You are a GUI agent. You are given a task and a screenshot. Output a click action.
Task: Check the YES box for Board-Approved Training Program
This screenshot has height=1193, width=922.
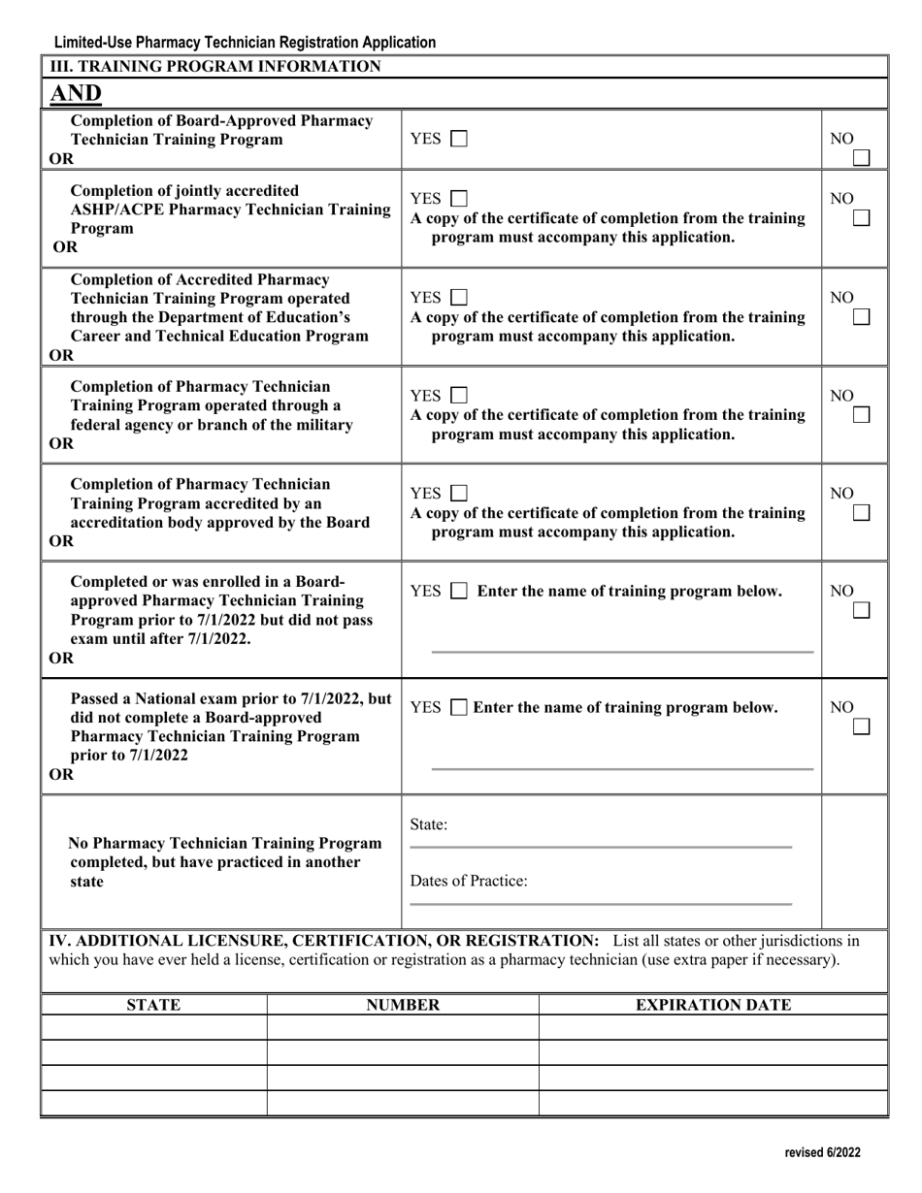(459, 140)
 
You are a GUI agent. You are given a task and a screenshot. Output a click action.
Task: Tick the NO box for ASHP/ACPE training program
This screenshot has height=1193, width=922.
(861, 219)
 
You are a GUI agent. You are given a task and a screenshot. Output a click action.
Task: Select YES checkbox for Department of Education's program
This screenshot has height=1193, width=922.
(459, 298)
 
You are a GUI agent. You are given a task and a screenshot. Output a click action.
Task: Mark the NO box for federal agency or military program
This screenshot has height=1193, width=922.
(861, 415)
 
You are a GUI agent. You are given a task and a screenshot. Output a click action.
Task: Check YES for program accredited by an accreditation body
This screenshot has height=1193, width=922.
(459, 494)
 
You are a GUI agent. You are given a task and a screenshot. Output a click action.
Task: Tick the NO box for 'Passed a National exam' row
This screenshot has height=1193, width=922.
(861, 726)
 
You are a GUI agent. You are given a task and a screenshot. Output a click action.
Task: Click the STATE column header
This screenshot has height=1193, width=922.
(153, 1005)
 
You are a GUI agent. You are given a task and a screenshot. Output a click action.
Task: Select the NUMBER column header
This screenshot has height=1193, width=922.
(403, 1005)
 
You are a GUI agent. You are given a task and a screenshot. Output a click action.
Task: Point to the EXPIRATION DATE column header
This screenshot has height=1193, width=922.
(713, 1005)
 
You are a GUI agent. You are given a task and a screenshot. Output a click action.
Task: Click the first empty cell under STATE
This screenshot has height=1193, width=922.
(153, 1028)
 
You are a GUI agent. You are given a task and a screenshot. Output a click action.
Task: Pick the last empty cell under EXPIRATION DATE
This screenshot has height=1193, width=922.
(713, 1103)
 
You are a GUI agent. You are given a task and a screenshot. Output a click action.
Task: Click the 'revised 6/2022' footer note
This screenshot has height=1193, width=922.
(822, 1153)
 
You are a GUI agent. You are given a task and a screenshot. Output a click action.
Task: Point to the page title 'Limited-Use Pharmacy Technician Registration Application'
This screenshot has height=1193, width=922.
(245, 43)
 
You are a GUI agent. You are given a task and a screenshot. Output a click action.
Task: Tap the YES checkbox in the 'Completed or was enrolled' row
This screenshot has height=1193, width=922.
(459, 592)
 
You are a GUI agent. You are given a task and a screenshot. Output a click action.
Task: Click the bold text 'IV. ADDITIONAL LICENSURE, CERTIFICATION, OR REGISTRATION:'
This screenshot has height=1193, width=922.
(328, 941)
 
